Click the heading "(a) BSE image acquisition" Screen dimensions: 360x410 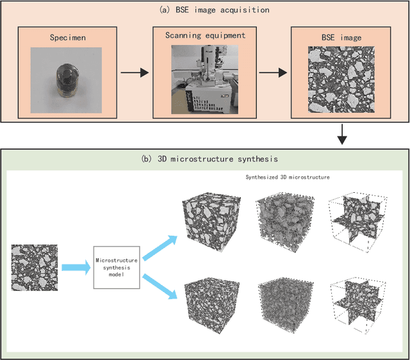click(205, 10)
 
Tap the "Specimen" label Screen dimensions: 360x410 click(67, 38)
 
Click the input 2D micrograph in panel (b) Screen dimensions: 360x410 click(34, 267)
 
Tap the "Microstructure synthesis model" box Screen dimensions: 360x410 click(117, 266)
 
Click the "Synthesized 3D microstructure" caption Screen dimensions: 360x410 click(287, 176)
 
